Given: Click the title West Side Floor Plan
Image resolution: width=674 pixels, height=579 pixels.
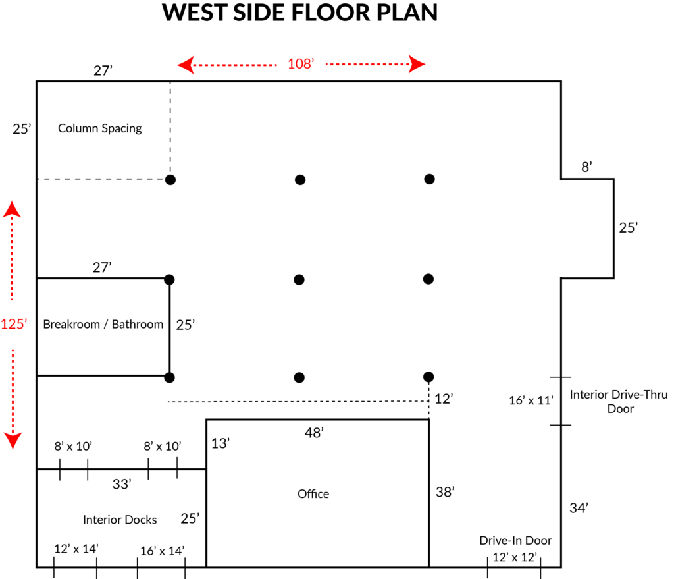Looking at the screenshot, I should pyautogui.click(x=299, y=13).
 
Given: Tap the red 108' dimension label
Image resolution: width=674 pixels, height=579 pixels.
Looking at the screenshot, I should pyautogui.click(x=301, y=64).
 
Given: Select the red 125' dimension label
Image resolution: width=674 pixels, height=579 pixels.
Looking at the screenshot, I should pyautogui.click(x=13, y=324).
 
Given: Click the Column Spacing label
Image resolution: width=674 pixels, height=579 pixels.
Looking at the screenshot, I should pyautogui.click(x=100, y=128).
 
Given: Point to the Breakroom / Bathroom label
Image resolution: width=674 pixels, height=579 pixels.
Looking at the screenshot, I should pyautogui.click(x=103, y=324).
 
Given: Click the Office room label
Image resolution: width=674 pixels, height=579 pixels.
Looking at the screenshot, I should pyautogui.click(x=313, y=494).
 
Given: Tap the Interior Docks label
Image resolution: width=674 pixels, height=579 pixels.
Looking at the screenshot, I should pyautogui.click(x=120, y=520).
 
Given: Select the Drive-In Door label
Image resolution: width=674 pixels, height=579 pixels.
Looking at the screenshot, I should pyautogui.click(x=515, y=540).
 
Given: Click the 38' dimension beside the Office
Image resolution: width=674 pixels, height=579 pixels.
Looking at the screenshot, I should pyautogui.click(x=446, y=492).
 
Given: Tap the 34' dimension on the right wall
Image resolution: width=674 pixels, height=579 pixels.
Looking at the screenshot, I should pyautogui.click(x=579, y=508).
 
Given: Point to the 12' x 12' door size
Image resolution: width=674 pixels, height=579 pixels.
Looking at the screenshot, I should pyautogui.click(x=515, y=557).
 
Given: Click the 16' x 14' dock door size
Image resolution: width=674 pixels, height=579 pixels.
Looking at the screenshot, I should pyautogui.click(x=162, y=551).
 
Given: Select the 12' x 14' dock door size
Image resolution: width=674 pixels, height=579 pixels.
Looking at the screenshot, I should pyautogui.click(x=76, y=549).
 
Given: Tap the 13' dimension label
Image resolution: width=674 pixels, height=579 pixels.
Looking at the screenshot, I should pyautogui.click(x=220, y=443).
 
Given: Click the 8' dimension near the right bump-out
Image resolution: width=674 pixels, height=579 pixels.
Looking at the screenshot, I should pyautogui.click(x=587, y=167).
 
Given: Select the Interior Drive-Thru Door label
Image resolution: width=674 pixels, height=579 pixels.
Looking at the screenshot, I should pyautogui.click(x=618, y=402).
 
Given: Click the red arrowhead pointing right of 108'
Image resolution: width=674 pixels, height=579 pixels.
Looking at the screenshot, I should pyautogui.click(x=417, y=64).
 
